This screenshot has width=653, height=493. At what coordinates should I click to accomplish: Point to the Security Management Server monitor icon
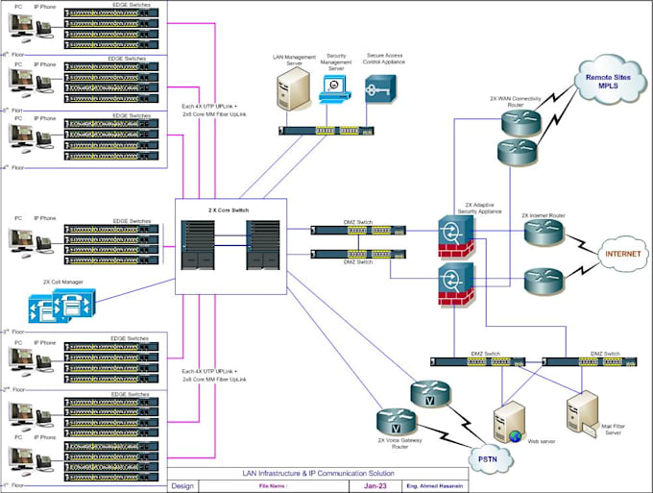pos(334,88)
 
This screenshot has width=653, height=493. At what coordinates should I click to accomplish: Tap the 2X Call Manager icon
pos(57,308)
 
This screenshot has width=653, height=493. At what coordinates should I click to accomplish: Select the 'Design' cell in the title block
pos(181,486)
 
